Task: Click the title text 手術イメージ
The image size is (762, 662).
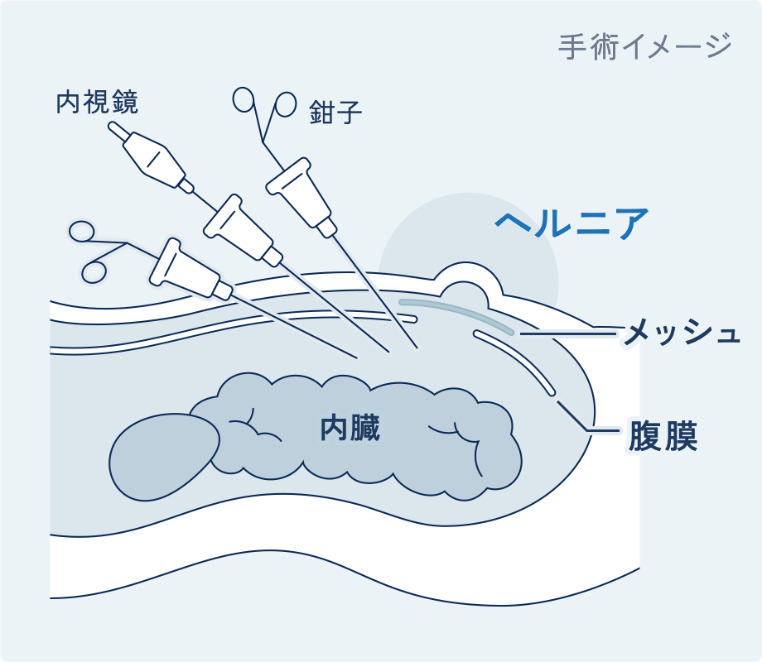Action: coord(644,46)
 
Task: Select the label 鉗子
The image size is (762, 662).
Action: coord(336,112)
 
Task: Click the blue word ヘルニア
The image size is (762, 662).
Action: coord(571,223)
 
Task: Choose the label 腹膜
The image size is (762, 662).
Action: coord(663,435)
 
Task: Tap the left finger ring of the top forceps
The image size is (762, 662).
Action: coord(244,99)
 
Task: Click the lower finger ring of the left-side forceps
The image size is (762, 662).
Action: coord(94,271)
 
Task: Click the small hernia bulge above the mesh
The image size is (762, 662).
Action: coord(469,285)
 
